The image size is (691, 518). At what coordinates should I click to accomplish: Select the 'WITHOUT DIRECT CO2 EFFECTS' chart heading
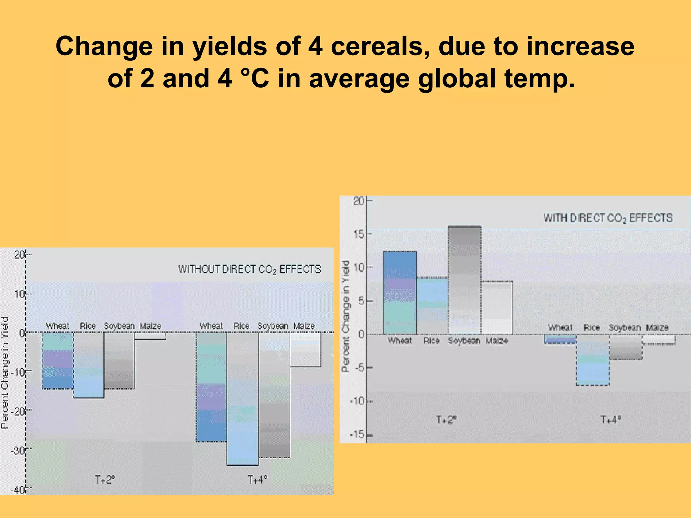coord(249,269)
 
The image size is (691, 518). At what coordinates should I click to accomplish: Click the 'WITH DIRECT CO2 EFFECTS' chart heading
coord(608,218)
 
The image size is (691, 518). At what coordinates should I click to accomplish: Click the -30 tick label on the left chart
coord(18,451)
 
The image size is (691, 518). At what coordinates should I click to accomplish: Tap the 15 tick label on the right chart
coord(359,234)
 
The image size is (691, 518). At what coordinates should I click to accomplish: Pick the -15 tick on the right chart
coord(358,435)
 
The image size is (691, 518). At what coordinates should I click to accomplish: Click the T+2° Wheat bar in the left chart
coord(58,361)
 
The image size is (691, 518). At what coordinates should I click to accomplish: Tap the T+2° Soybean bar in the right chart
coord(465,280)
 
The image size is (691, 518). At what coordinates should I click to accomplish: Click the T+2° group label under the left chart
coord(105,480)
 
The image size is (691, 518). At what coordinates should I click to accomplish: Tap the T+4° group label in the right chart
coord(611,420)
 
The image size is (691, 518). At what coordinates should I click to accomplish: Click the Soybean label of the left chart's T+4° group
coord(273,326)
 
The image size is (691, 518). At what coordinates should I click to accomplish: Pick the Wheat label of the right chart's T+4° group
coord(560,327)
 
